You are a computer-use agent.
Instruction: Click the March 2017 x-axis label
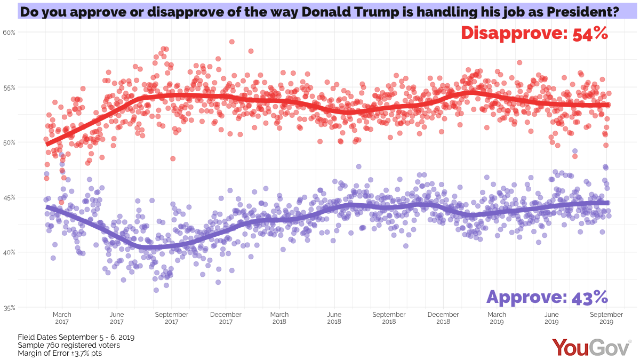pos(62,318)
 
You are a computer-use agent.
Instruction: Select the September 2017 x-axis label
pos(171,318)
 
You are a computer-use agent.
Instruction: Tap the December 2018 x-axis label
pos(443,318)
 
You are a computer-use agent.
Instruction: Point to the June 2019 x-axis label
pos(551,318)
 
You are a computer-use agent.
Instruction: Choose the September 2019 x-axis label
pos(607,318)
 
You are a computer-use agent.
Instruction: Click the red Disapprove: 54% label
pos(534,33)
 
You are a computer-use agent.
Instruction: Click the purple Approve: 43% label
pos(547,297)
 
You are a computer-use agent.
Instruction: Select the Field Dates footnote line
pos(76,338)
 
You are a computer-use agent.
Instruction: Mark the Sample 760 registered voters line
pos(69,345)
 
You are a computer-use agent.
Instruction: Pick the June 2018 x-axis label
pos(334,318)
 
